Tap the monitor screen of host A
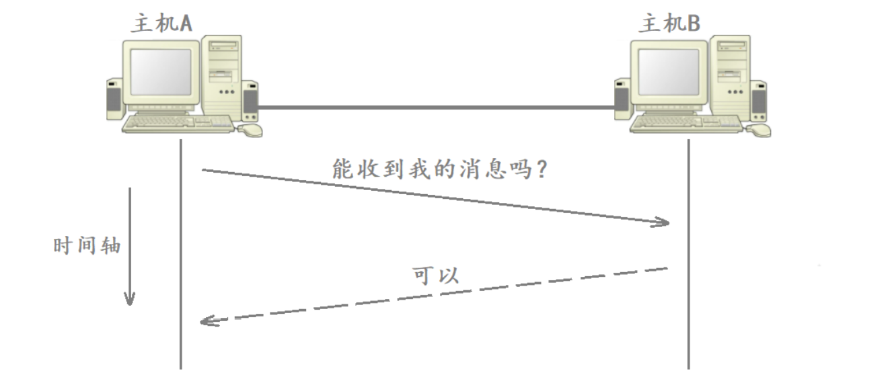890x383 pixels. tap(161, 72)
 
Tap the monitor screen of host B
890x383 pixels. tap(669, 72)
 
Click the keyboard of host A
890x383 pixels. tap(178, 123)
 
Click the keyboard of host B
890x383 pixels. tap(686, 123)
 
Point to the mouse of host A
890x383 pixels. tap(250, 129)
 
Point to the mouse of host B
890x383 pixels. tap(759, 129)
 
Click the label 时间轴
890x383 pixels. tap(87, 246)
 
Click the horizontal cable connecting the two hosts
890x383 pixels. tap(437, 107)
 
